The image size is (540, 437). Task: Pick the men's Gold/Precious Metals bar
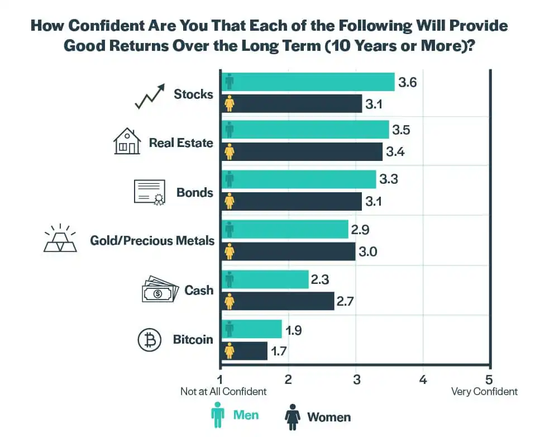(285, 229)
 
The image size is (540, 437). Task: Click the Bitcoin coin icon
(149, 340)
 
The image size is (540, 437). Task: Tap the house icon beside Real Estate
(127, 141)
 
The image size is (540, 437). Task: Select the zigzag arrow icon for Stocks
(149, 96)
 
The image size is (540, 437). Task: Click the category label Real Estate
(181, 142)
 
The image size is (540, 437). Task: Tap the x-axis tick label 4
(423, 379)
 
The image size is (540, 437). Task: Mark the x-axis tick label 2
(288, 379)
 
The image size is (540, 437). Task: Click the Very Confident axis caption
(484, 391)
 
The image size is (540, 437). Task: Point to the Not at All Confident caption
(223, 391)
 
